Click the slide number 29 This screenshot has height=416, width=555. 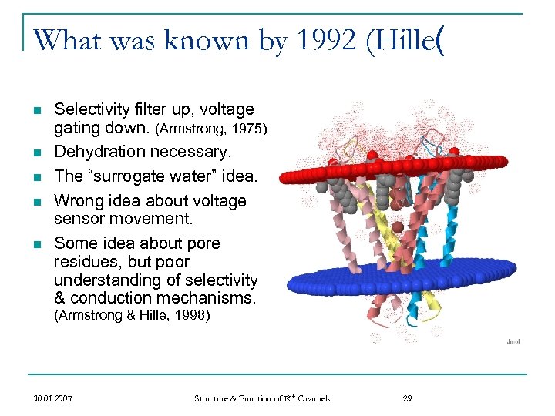(408, 398)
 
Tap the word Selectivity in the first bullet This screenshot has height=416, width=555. (86, 110)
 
